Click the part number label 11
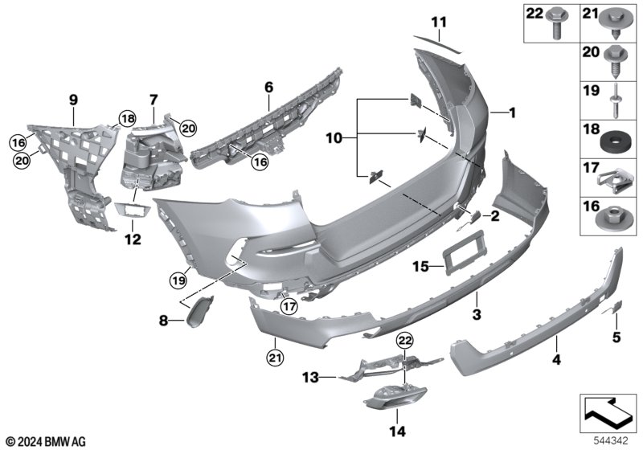click(439, 22)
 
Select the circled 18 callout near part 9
click(127, 119)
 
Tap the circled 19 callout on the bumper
click(178, 280)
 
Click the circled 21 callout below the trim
click(275, 358)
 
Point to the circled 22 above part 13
click(405, 340)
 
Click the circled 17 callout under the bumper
click(289, 306)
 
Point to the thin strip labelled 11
click(438, 45)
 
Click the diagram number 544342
click(611, 440)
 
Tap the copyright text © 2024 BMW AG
click(47, 441)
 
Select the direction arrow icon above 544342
click(608, 412)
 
